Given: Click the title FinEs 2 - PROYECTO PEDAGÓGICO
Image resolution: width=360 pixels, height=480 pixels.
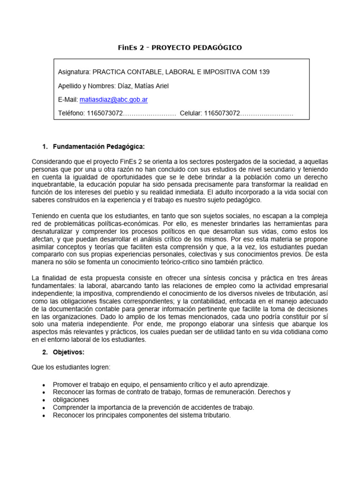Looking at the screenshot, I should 180,47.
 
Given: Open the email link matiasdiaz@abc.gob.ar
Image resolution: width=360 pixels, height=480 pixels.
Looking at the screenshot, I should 113,99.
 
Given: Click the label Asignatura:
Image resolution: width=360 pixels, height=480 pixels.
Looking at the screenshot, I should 74,72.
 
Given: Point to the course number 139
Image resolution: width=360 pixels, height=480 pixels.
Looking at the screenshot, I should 264,72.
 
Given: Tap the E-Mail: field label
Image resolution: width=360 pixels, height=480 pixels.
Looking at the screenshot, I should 68,99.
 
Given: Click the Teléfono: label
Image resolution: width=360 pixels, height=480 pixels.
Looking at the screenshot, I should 72,113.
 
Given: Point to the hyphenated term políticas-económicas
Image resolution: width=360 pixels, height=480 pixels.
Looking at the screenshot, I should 111,223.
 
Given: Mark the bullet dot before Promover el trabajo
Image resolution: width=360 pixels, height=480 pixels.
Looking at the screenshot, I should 44,384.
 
